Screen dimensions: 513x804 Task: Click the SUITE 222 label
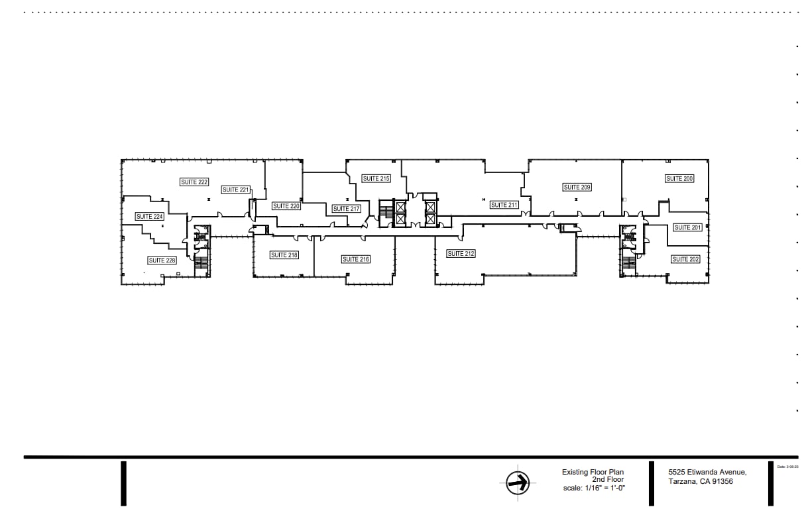click(x=194, y=182)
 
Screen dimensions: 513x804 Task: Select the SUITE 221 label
click(x=235, y=190)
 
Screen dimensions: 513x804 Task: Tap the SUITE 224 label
click(x=149, y=217)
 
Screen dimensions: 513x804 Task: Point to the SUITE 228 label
click(x=162, y=260)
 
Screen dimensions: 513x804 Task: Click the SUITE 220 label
click(x=286, y=206)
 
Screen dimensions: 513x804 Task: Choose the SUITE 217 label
click(x=346, y=209)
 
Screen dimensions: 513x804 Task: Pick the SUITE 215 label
click(x=376, y=178)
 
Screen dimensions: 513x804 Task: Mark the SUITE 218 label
click(x=284, y=255)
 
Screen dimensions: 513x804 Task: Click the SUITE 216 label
click(x=355, y=259)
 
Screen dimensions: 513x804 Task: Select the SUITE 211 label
click(x=504, y=205)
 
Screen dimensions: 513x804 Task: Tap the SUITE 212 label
click(x=461, y=254)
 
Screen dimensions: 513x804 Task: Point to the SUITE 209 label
click(x=577, y=188)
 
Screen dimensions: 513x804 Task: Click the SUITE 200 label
click(x=679, y=179)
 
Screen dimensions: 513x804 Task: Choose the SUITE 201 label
click(x=687, y=228)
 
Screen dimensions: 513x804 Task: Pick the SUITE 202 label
click(x=685, y=259)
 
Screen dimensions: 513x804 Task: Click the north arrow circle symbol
click(x=517, y=483)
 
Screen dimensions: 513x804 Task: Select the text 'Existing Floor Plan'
click(x=593, y=472)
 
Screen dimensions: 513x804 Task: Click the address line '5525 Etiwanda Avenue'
click(x=707, y=472)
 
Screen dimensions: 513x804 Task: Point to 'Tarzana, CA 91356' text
click(x=701, y=482)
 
